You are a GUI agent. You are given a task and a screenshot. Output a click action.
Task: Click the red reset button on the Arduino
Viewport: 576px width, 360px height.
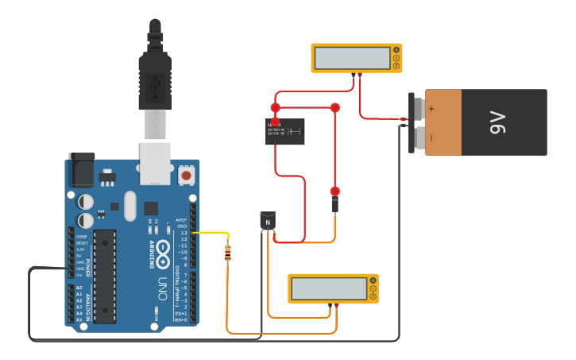186,174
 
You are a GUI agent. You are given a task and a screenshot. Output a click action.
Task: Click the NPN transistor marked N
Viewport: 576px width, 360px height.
268,221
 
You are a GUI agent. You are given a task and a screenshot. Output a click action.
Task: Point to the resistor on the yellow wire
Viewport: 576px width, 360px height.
228,253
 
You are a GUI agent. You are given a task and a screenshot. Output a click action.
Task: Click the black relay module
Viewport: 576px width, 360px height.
284,131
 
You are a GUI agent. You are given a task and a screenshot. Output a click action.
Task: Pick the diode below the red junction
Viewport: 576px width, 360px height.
334,205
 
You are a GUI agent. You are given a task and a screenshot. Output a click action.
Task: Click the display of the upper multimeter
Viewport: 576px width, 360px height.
350,58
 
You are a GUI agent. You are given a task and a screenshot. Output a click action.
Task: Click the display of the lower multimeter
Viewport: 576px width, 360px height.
327,288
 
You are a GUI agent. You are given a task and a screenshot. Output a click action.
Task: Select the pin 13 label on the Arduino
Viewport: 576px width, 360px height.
184,233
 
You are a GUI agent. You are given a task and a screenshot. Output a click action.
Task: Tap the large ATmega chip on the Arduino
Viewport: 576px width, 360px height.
105,276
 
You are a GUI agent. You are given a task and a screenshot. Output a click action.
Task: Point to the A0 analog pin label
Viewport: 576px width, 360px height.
78,288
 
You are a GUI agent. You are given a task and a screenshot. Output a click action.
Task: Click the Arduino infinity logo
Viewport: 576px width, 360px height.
163,248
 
